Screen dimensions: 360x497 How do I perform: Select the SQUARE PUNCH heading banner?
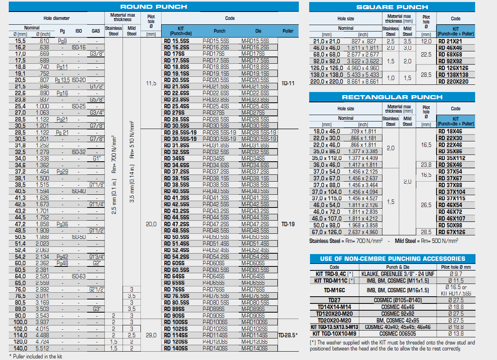click(x=392, y=7)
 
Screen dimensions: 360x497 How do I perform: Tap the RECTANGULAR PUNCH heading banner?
click(x=392, y=97)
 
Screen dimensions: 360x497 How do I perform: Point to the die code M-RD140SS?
click(x=254, y=348)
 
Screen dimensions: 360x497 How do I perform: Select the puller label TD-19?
click(x=288, y=224)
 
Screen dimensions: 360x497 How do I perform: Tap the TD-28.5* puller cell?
click(x=288, y=335)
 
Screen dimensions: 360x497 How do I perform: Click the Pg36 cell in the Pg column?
click(x=62, y=224)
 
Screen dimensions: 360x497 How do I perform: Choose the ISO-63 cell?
click(x=78, y=276)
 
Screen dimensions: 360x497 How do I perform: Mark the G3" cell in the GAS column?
click(x=96, y=309)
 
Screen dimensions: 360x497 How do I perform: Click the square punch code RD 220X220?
click(x=453, y=82)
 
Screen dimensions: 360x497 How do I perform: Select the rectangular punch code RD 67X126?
click(x=452, y=232)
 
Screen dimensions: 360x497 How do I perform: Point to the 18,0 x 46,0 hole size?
click(x=327, y=131)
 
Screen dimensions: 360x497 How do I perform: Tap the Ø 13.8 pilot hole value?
click(x=455, y=334)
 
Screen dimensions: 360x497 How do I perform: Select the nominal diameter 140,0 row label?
click(x=20, y=348)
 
